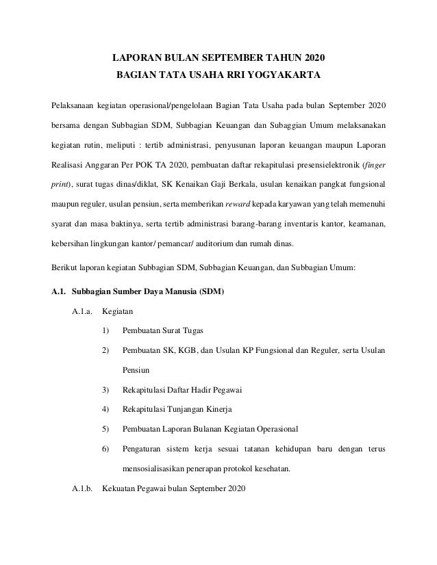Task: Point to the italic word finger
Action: [374, 165]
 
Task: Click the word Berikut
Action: [64, 268]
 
